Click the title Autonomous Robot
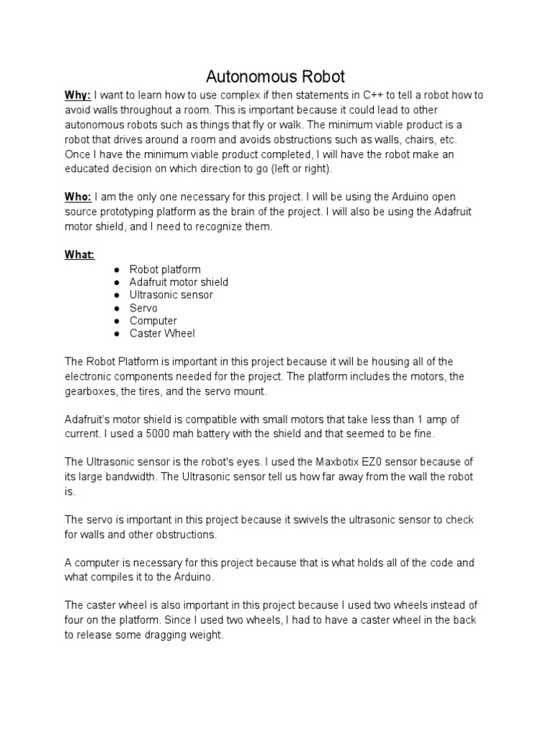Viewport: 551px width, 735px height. click(x=275, y=76)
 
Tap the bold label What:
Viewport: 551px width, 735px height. click(x=80, y=254)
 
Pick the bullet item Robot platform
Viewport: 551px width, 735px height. click(x=165, y=269)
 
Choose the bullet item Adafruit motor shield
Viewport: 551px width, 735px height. click(x=179, y=282)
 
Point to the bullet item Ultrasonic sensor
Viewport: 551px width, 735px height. click(x=171, y=295)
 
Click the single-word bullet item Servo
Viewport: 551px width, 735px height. click(x=143, y=308)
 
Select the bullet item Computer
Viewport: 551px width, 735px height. click(x=153, y=321)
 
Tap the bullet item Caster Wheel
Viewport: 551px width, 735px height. click(x=162, y=334)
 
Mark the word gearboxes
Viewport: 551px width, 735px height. click(x=93, y=391)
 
